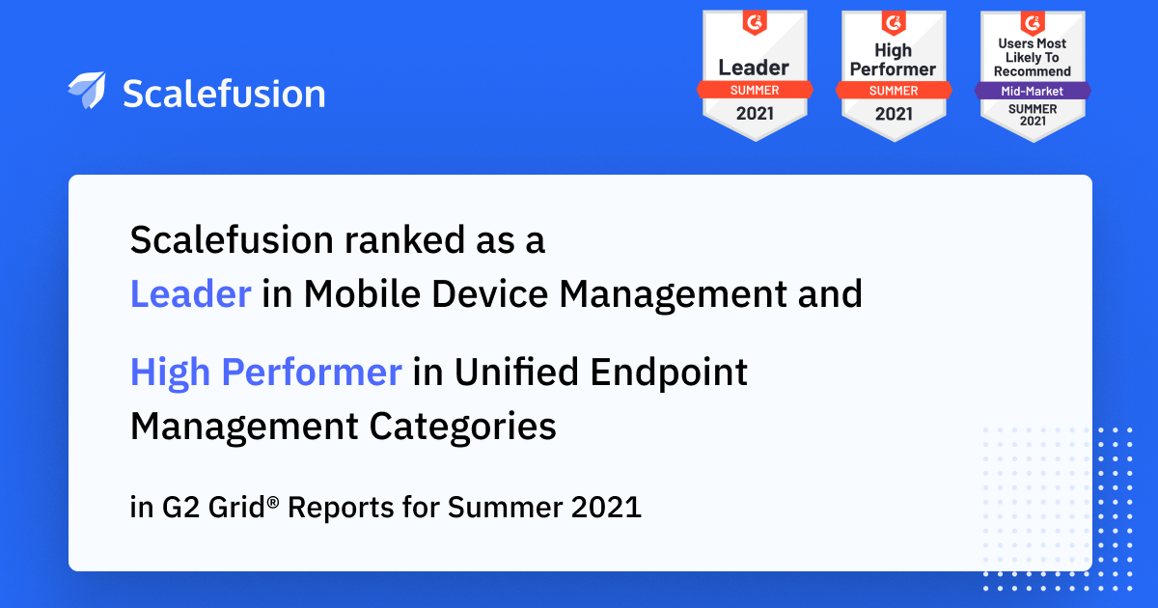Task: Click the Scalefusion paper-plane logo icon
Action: [x=87, y=91]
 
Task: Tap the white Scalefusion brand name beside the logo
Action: [x=224, y=94]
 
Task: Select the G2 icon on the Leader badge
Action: [x=755, y=23]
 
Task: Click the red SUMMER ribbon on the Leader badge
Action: [x=755, y=90]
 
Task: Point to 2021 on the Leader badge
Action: [x=755, y=114]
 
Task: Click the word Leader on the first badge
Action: [x=754, y=68]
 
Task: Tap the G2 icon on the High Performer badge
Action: [x=894, y=23]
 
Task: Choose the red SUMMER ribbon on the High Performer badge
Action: [x=894, y=91]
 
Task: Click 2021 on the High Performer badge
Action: [x=894, y=114]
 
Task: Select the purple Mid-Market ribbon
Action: [x=1033, y=91]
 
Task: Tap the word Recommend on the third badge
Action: [x=1033, y=71]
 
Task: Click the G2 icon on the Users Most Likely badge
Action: [x=1033, y=23]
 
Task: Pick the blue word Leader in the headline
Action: [x=191, y=293]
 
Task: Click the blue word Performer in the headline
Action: [x=312, y=372]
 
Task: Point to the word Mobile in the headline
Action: [x=363, y=293]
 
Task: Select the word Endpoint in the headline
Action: [x=669, y=373]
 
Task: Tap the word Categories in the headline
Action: [x=462, y=427]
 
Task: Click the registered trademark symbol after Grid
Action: [x=273, y=502]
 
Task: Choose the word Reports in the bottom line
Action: [x=340, y=508]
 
